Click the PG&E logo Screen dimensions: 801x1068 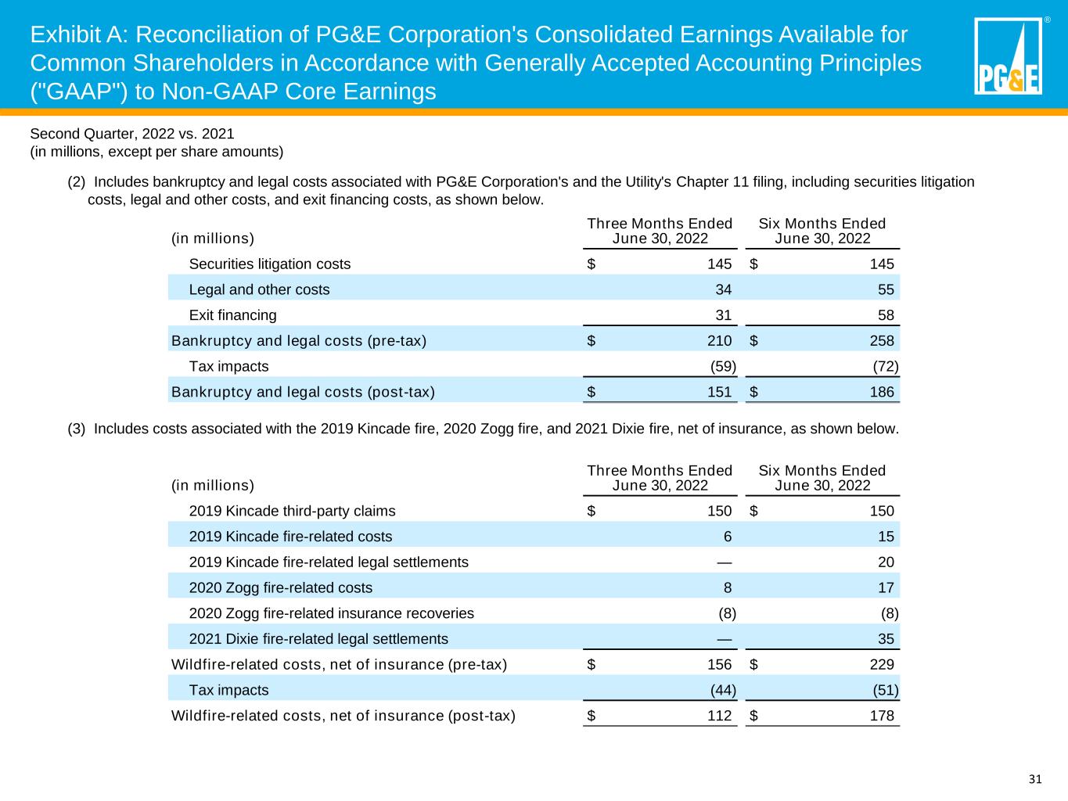1008,56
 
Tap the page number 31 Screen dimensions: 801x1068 1035,779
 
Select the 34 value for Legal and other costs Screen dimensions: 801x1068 723,289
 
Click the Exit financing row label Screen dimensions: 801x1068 232,315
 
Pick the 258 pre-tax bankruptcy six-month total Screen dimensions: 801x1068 882,341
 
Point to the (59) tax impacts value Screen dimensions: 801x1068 721,366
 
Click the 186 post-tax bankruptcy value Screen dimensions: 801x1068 882,392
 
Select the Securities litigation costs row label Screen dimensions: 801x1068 269,264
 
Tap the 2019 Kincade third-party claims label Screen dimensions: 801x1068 292,511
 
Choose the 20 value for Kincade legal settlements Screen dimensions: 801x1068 886,562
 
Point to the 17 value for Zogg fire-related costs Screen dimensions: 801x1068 886,587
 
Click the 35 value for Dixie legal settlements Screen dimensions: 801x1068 886,639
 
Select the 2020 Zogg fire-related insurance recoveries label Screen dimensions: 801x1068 331,613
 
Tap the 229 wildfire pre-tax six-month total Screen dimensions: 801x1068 882,665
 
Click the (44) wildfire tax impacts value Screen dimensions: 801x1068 721,690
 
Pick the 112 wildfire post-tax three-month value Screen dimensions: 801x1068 719,716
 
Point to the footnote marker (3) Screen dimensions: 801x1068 77,429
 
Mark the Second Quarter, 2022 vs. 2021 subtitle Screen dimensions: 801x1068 131,134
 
